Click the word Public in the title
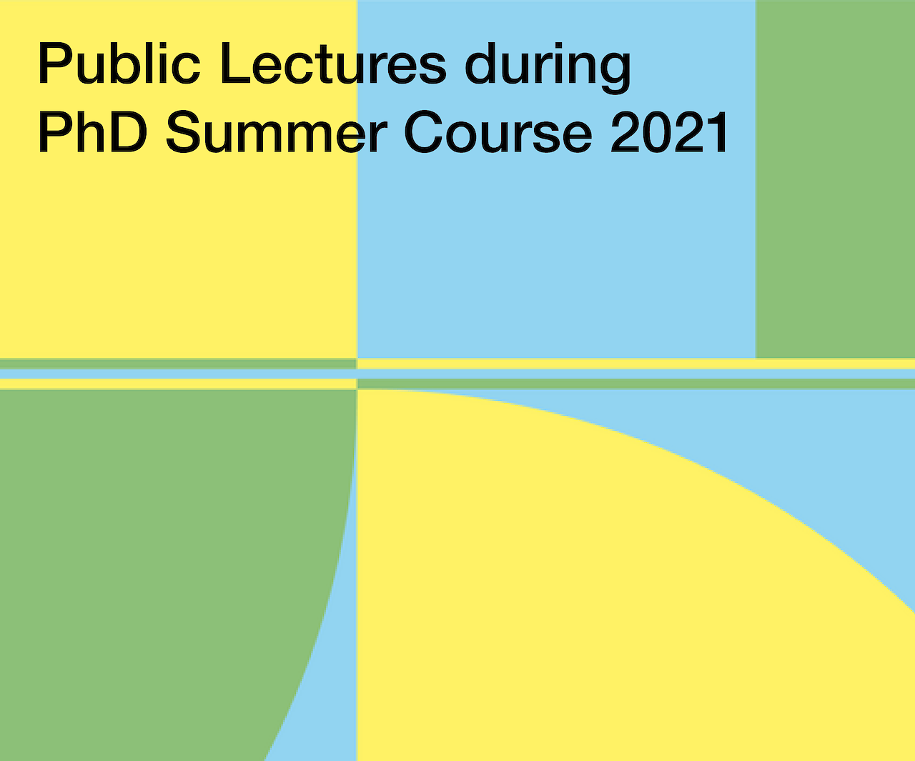coord(119,63)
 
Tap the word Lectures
coord(334,63)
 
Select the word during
coord(548,68)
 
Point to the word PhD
coord(92,131)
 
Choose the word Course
coord(498,132)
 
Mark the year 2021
coord(669,131)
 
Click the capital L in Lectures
coord(235,63)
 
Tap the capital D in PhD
coord(127,131)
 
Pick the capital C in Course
coord(423,132)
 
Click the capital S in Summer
coord(183,132)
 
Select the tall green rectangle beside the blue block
coord(835,179)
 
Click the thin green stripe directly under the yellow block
coord(178,364)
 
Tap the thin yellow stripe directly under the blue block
coord(636,364)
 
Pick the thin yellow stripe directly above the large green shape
coord(178,384)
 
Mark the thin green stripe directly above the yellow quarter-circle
coord(636,384)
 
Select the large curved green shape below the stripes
coord(154,569)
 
